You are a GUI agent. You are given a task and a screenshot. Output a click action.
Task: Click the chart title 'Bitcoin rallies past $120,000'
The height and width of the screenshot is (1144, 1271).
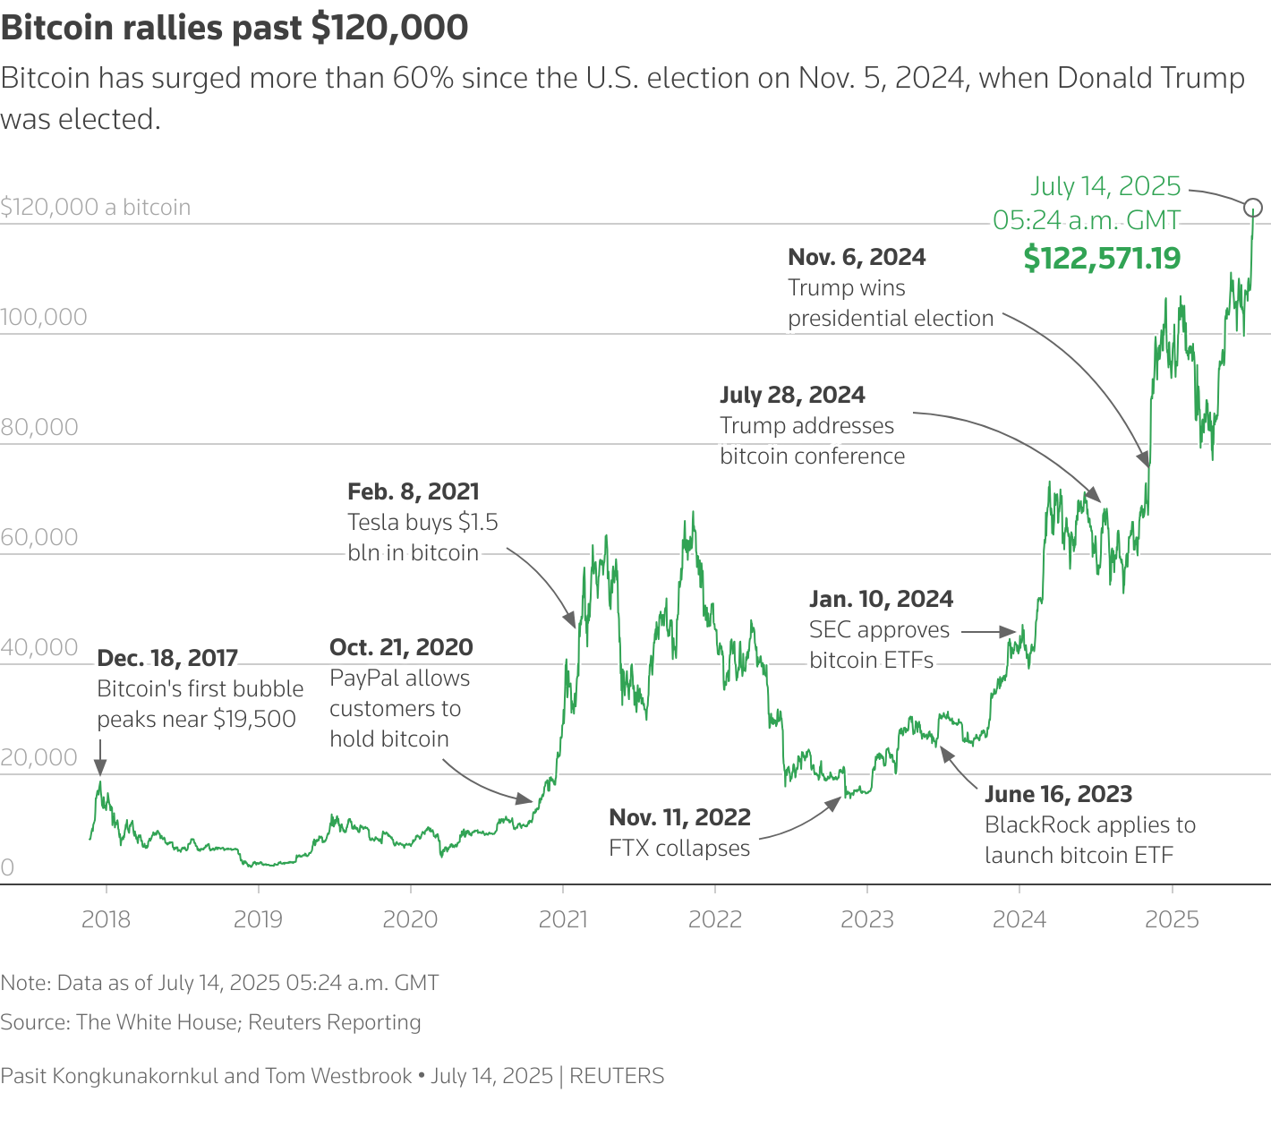(x=235, y=29)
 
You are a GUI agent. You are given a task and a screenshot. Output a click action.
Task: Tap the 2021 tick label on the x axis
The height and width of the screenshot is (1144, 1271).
(x=563, y=919)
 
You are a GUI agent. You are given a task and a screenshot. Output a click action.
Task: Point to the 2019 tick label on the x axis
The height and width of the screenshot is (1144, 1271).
(x=258, y=919)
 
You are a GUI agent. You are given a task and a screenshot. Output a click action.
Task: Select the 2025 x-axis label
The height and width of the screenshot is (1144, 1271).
(x=1172, y=919)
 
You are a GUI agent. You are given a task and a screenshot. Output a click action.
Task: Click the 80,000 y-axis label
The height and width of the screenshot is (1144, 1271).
(x=39, y=427)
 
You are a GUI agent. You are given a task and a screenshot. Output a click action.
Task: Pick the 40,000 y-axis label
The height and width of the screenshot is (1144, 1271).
(x=39, y=647)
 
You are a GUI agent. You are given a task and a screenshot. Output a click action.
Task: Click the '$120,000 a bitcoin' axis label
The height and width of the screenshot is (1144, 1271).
(x=96, y=207)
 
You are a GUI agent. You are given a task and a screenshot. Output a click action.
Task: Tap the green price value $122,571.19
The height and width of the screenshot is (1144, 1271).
(x=1102, y=259)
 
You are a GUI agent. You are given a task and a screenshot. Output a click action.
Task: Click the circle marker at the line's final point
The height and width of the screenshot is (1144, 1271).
(x=1253, y=208)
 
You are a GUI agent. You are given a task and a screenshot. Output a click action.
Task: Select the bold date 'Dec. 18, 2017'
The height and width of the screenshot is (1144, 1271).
(x=167, y=658)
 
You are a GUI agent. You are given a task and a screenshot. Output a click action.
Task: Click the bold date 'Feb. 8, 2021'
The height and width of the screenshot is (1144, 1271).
(x=414, y=491)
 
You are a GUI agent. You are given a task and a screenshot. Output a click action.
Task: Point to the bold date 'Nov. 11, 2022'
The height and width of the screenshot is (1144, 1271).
(x=679, y=817)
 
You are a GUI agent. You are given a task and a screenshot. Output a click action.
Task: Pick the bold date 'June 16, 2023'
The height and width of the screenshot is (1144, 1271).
(x=1058, y=794)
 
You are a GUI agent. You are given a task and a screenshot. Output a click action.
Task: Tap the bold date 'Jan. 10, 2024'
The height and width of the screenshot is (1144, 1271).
(x=881, y=599)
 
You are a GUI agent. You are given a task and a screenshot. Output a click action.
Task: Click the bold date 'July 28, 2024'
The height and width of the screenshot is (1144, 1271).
(x=792, y=395)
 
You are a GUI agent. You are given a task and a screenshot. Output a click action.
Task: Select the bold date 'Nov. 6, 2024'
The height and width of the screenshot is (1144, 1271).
(x=857, y=257)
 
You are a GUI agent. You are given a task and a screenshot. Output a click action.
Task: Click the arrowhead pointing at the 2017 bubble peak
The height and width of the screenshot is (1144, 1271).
(x=100, y=766)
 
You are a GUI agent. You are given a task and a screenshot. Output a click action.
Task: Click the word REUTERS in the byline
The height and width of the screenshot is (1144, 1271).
(x=617, y=1075)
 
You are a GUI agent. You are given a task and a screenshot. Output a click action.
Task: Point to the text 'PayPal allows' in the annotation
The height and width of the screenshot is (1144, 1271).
(x=399, y=678)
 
